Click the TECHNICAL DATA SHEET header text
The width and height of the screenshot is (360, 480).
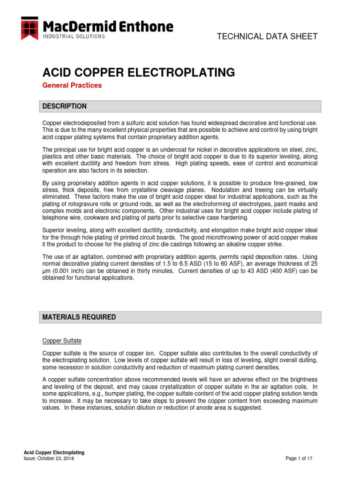pos(267,37)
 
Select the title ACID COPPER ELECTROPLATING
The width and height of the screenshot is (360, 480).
pos(139,72)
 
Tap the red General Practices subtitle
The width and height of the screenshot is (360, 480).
pos(72,85)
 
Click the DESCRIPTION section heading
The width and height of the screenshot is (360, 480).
pos(64,106)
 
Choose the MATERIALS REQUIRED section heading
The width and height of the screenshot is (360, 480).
pos(79,317)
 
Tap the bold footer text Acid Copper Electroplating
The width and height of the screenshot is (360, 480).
pos(54,452)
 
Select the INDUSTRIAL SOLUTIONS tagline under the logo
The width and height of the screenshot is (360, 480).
pos(74,36)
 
